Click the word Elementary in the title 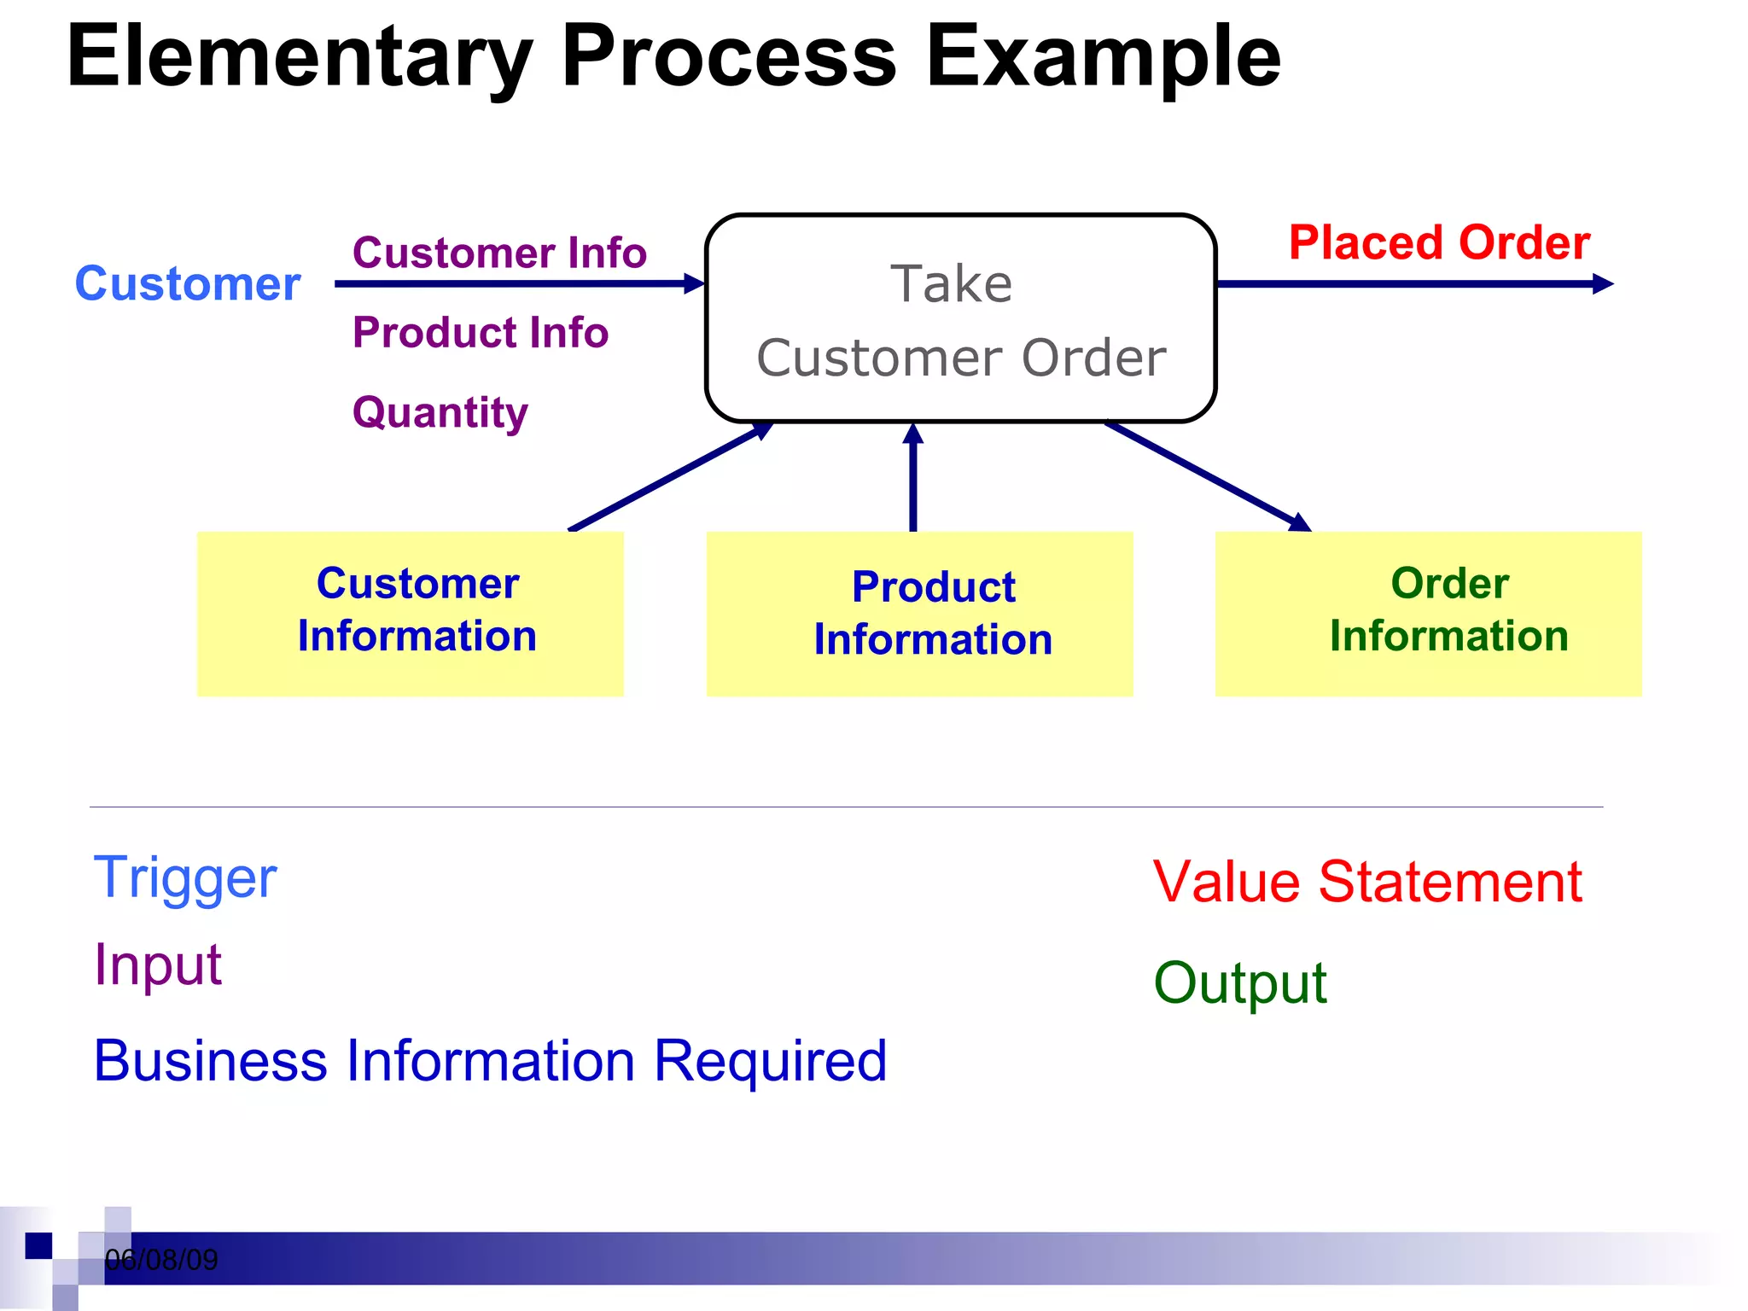click(299, 58)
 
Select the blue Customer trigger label click(188, 284)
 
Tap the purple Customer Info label click(499, 253)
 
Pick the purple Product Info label click(481, 333)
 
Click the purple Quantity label click(440, 413)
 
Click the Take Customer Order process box click(960, 318)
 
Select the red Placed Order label click(1439, 243)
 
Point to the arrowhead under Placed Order click(1603, 284)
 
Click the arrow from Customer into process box click(512, 284)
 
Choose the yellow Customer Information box click(411, 614)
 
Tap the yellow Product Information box click(919, 614)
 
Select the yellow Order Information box click(1428, 614)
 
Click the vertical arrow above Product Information click(913, 478)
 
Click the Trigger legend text click(185, 878)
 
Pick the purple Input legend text click(158, 965)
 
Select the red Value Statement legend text click(1367, 882)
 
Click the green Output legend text click(1240, 983)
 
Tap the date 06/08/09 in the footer click(161, 1260)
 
